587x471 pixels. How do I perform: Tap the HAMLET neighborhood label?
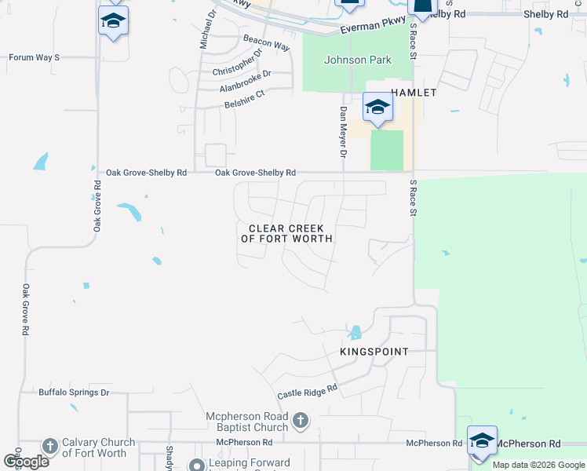[408, 92]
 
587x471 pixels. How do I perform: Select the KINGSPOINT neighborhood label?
[374, 352]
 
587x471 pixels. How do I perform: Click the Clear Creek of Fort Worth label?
[287, 233]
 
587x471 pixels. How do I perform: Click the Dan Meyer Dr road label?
[343, 130]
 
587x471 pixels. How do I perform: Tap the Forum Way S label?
[34, 57]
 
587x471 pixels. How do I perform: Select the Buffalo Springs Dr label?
[74, 392]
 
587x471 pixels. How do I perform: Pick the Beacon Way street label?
[267, 42]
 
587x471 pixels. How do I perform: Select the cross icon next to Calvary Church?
[49, 447]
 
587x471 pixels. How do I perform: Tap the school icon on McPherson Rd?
[482, 440]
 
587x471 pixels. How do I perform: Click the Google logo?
[27, 462]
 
